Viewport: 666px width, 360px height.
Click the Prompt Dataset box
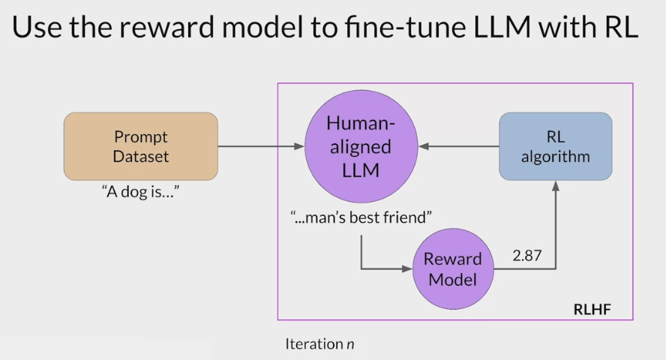pos(141,146)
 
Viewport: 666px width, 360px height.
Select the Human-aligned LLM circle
pos(360,147)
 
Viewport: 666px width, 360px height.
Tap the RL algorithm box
pos(555,146)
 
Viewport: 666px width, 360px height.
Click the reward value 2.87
pos(528,256)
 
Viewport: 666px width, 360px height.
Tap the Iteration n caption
pos(319,344)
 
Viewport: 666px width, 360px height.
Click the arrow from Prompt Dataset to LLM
pos(261,147)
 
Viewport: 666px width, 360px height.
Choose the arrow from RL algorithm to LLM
pos(458,147)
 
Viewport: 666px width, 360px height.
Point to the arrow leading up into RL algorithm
pos(555,225)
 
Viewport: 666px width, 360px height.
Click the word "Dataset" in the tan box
pos(141,157)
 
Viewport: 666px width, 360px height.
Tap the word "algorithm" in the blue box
pos(555,157)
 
